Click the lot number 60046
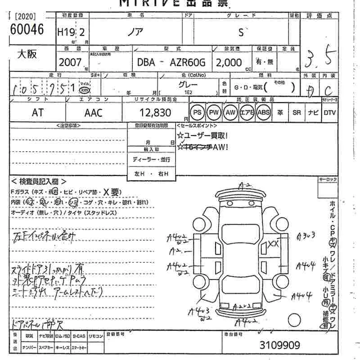[x=27, y=30]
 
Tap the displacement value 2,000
[x=229, y=63]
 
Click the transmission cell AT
[x=38, y=113]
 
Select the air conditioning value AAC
[x=94, y=113]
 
